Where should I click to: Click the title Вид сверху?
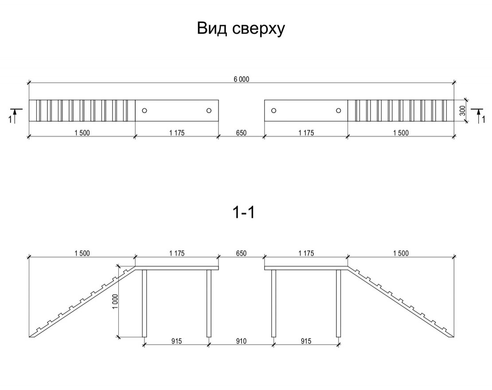pos(240,29)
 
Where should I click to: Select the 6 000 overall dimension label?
pos(241,80)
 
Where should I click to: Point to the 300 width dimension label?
pos(462,111)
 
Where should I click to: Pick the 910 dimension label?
pos(241,341)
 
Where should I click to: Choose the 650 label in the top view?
pos(241,133)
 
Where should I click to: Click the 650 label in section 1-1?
pos(241,254)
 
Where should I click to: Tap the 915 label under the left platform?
pos(176,341)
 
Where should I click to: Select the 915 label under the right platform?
pos(306,341)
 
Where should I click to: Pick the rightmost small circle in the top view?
pos(338,110)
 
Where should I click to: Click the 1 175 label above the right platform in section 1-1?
pos(306,254)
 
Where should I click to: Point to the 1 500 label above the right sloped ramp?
pos(400,254)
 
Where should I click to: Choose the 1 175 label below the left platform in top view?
pos(176,133)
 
